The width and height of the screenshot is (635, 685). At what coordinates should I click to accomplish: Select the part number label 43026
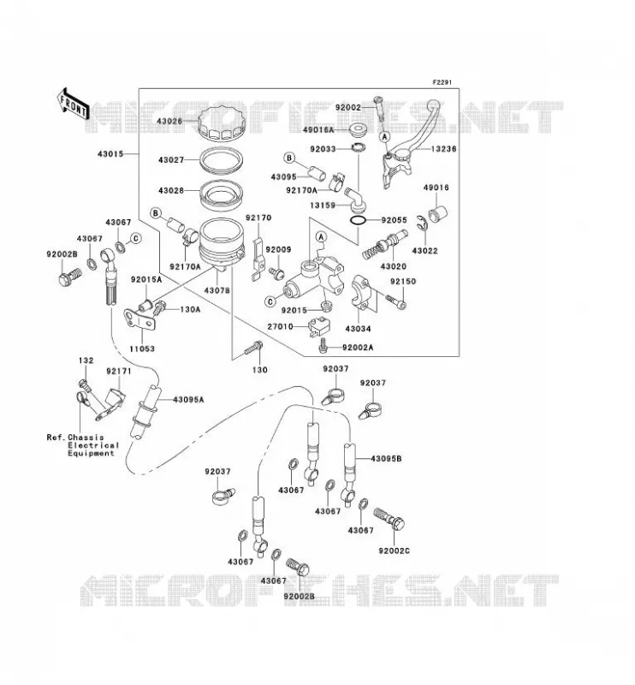coord(169,121)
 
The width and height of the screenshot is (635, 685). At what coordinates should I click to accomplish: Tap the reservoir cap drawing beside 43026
coord(221,122)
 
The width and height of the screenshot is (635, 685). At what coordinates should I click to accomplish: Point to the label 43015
coord(110,154)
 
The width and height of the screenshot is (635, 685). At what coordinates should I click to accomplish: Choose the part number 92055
coord(394,220)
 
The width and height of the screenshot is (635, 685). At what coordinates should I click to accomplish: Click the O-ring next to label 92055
coord(359,221)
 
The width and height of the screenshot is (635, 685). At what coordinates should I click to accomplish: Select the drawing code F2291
coord(442,82)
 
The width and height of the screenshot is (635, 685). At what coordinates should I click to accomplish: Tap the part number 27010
coord(280,326)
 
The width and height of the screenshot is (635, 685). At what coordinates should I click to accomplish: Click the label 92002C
coord(394,551)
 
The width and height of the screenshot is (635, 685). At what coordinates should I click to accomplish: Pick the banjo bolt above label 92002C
coord(389,519)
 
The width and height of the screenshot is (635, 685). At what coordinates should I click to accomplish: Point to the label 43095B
coord(386,459)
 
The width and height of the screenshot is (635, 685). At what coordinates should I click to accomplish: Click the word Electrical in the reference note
coord(93,445)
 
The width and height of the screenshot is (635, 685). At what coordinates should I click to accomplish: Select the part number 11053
coord(142,348)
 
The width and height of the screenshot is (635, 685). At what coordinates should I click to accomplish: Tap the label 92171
coord(118,371)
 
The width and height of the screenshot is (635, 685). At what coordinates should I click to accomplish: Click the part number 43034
coord(358,329)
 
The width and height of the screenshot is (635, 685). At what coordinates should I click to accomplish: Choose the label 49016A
coord(318,130)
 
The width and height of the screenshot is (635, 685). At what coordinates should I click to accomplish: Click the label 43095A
coord(188,400)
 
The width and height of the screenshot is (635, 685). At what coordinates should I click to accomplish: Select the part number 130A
coord(190,309)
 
